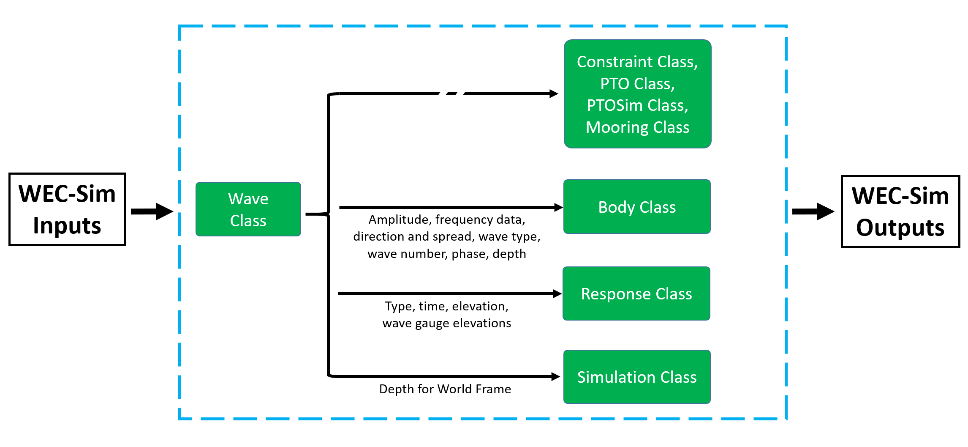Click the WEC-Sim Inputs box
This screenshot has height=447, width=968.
(67, 209)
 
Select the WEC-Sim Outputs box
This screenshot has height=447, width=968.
(900, 211)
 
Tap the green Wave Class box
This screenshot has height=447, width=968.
(248, 209)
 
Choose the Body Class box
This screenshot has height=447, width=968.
(637, 207)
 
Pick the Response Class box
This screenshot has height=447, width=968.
(636, 293)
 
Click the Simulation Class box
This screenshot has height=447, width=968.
(637, 377)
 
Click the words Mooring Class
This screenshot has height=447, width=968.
(637, 127)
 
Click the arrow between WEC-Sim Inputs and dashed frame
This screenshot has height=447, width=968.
(152, 211)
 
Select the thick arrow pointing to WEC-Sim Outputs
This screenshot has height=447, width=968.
(813, 211)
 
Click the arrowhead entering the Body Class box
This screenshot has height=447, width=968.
(558, 207)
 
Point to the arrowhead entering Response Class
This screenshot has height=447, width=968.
(557, 293)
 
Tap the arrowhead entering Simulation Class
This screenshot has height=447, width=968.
(556, 376)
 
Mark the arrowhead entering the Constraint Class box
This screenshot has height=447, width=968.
(554, 93)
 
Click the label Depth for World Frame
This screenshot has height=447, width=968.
(445, 389)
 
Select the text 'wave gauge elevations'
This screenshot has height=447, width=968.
(447, 324)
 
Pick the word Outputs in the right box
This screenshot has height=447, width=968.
(900, 228)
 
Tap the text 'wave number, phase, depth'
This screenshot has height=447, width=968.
(447, 254)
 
